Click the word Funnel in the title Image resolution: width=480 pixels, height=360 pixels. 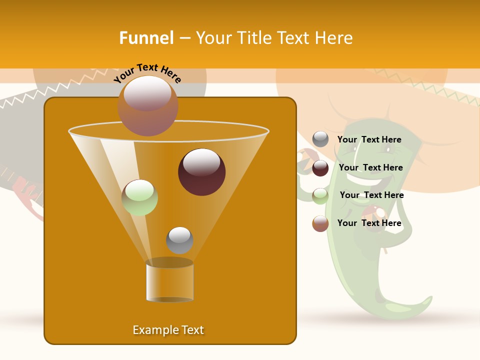(146, 38)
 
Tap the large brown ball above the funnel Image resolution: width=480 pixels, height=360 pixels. (147, 105)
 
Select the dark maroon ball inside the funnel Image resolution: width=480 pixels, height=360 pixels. (202, 172)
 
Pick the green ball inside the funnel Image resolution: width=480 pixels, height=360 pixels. (140, 197)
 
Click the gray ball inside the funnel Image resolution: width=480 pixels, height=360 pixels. (179, 240)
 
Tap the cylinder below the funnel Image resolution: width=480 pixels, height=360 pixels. (170, 282)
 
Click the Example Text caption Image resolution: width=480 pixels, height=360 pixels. (168, 330)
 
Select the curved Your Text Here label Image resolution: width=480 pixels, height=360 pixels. (147, 73)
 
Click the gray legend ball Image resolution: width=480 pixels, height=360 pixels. (320, 139)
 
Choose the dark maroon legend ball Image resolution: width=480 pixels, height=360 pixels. (320, 168)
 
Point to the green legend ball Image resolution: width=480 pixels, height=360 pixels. (320, 196)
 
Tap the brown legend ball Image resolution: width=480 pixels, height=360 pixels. (320, 223)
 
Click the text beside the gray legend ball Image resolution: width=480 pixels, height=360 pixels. (369, 139)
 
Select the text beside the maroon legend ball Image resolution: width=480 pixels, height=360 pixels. (370, 167)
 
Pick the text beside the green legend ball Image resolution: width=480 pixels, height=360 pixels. (371, 195)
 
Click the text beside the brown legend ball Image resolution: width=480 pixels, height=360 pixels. (369, 223)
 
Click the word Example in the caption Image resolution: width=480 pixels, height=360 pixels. (151, 330)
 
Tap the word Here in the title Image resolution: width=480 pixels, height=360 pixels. (333, 38)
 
